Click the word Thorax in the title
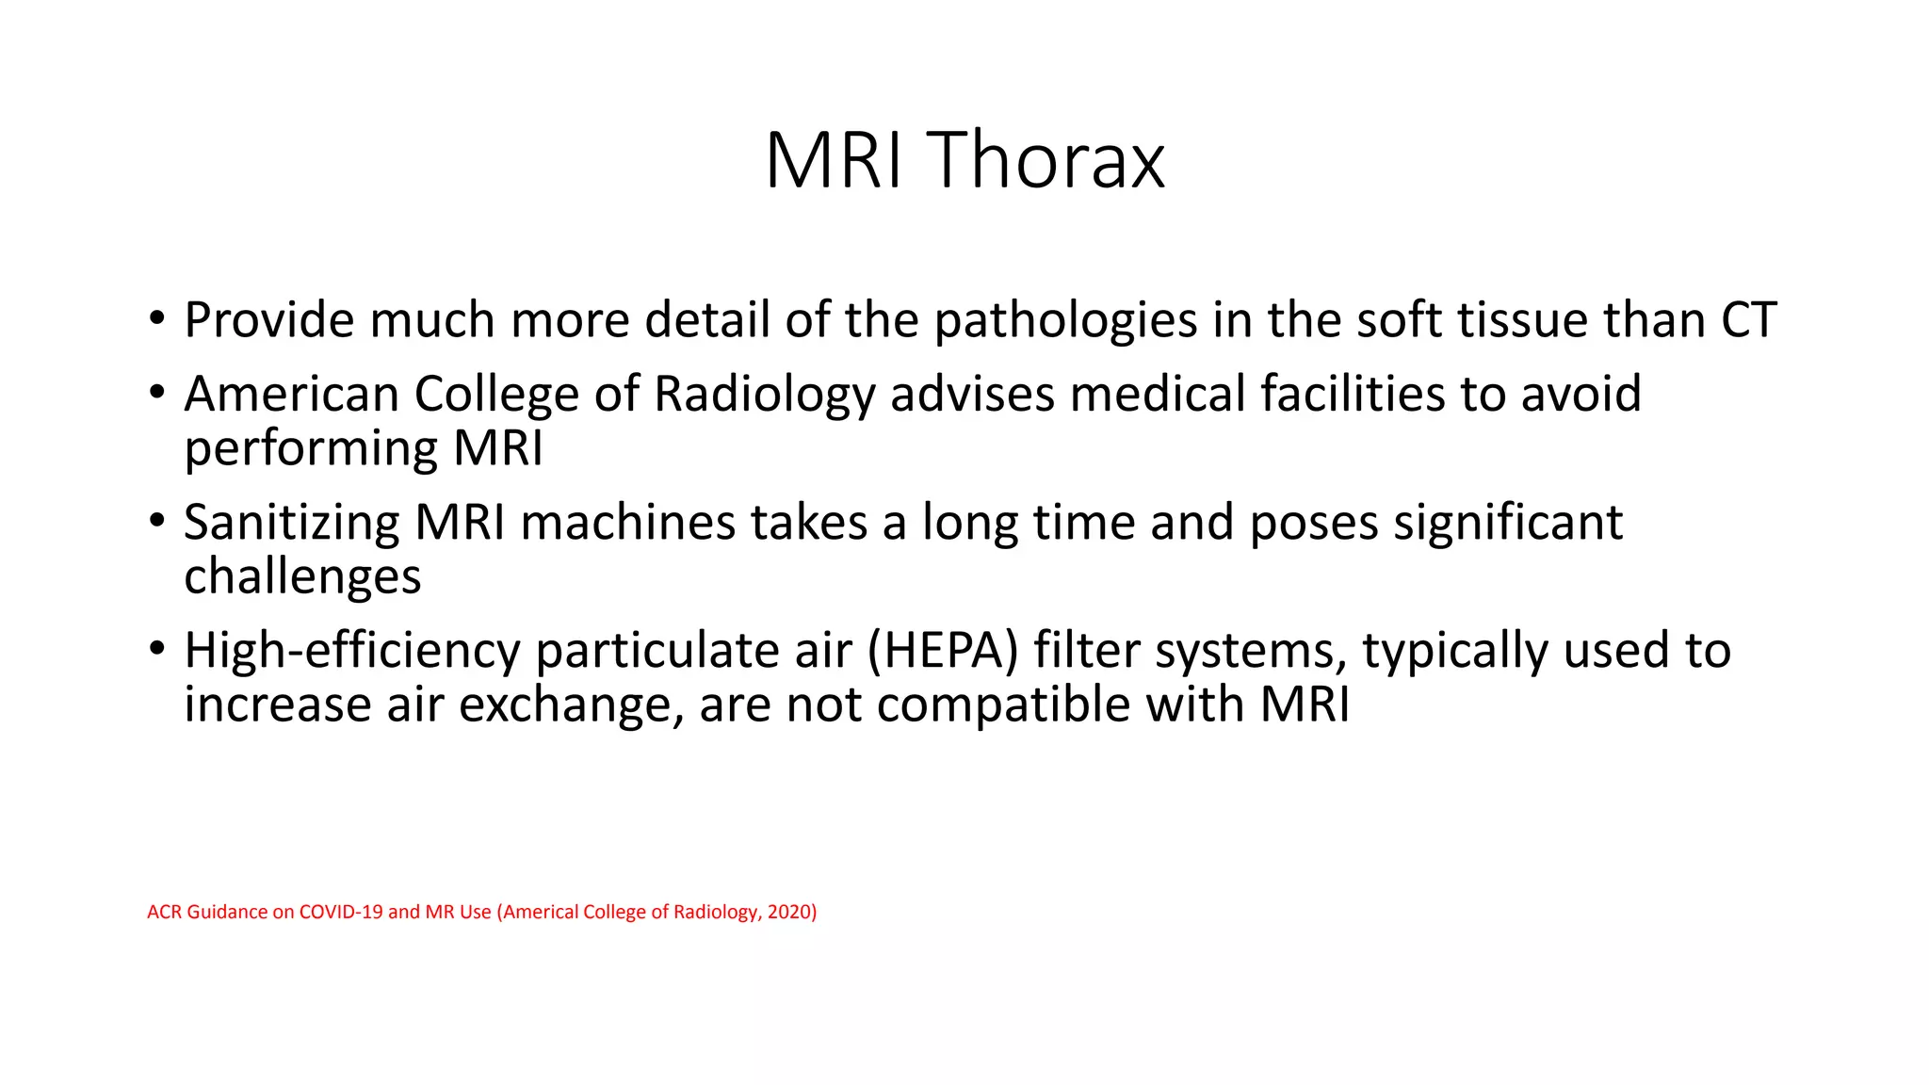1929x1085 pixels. coord(1046,160)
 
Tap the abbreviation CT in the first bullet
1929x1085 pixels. coord(1748,320)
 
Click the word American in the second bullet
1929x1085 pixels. coord(291,394)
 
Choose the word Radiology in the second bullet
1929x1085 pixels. coord(764,396)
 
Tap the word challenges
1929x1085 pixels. coord(302,577)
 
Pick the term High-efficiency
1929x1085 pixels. coord(352,652)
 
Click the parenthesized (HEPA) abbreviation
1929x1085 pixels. coord(942,652)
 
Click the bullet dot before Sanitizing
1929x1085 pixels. coord(156,520)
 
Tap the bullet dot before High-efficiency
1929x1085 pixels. coord(156,649)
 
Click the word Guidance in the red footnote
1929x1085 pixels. coord(227,912)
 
